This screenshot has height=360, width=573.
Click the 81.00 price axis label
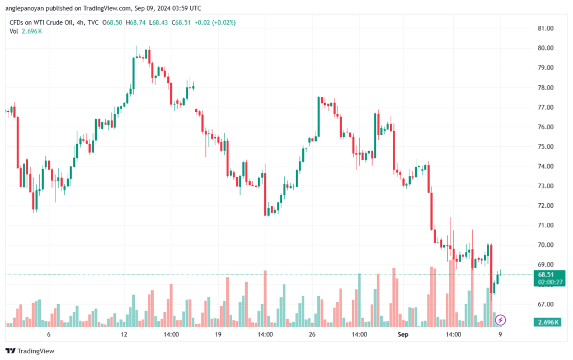point(546,28)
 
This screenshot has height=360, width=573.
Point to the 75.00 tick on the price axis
point(546,147)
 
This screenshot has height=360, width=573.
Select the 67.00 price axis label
point(546,304)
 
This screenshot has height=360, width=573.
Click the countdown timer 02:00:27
point(547,282)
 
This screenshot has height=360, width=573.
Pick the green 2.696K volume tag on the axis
point(547,322)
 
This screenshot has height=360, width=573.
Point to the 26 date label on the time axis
point(312,334)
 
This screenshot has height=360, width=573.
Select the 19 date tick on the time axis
point(218,334)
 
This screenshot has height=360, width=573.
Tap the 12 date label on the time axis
point(124,334)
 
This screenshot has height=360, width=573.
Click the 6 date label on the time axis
point(49,334)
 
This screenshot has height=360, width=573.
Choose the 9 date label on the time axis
point(500,334)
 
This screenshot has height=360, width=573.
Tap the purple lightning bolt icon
point(501,320)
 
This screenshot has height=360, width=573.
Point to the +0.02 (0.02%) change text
point(215,22)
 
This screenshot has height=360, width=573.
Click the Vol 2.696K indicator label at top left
point(26,31)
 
